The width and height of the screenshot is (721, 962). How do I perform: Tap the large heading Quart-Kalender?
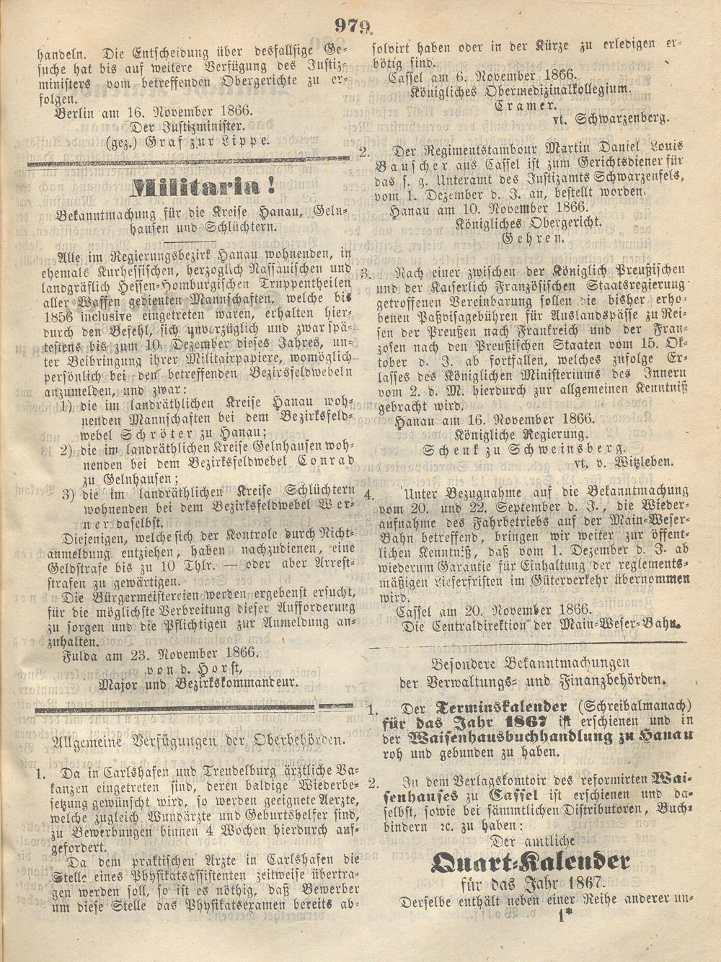click(531, 861)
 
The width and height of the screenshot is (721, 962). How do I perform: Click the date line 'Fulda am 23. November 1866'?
click(157, 654)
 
